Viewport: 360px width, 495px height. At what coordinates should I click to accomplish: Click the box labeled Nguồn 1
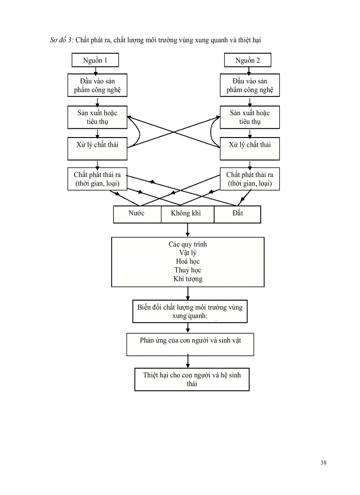[95, 60]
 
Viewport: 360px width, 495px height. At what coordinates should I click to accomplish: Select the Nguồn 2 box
[247, 60]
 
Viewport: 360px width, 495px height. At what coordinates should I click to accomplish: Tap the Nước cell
[137, 214]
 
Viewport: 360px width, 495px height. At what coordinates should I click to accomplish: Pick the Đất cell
[237, 214]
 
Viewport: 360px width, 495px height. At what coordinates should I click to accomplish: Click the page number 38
[324, 462]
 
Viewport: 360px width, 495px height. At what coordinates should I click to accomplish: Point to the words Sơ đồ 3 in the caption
[61, 41]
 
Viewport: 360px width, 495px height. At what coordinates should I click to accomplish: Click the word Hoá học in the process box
[187, 261]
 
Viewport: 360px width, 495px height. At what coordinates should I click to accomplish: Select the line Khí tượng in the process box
[188, 279]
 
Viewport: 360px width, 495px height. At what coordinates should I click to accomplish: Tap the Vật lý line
[188, 253]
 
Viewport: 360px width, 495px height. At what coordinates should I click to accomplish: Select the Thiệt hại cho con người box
[192, 379]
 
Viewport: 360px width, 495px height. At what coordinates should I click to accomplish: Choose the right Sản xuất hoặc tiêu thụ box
[250, 117]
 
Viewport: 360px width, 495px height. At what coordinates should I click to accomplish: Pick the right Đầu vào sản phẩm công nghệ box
[250, 86]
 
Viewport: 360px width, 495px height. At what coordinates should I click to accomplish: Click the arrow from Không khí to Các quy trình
[188, 230]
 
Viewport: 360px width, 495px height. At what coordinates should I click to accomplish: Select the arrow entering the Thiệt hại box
[188, 362]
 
